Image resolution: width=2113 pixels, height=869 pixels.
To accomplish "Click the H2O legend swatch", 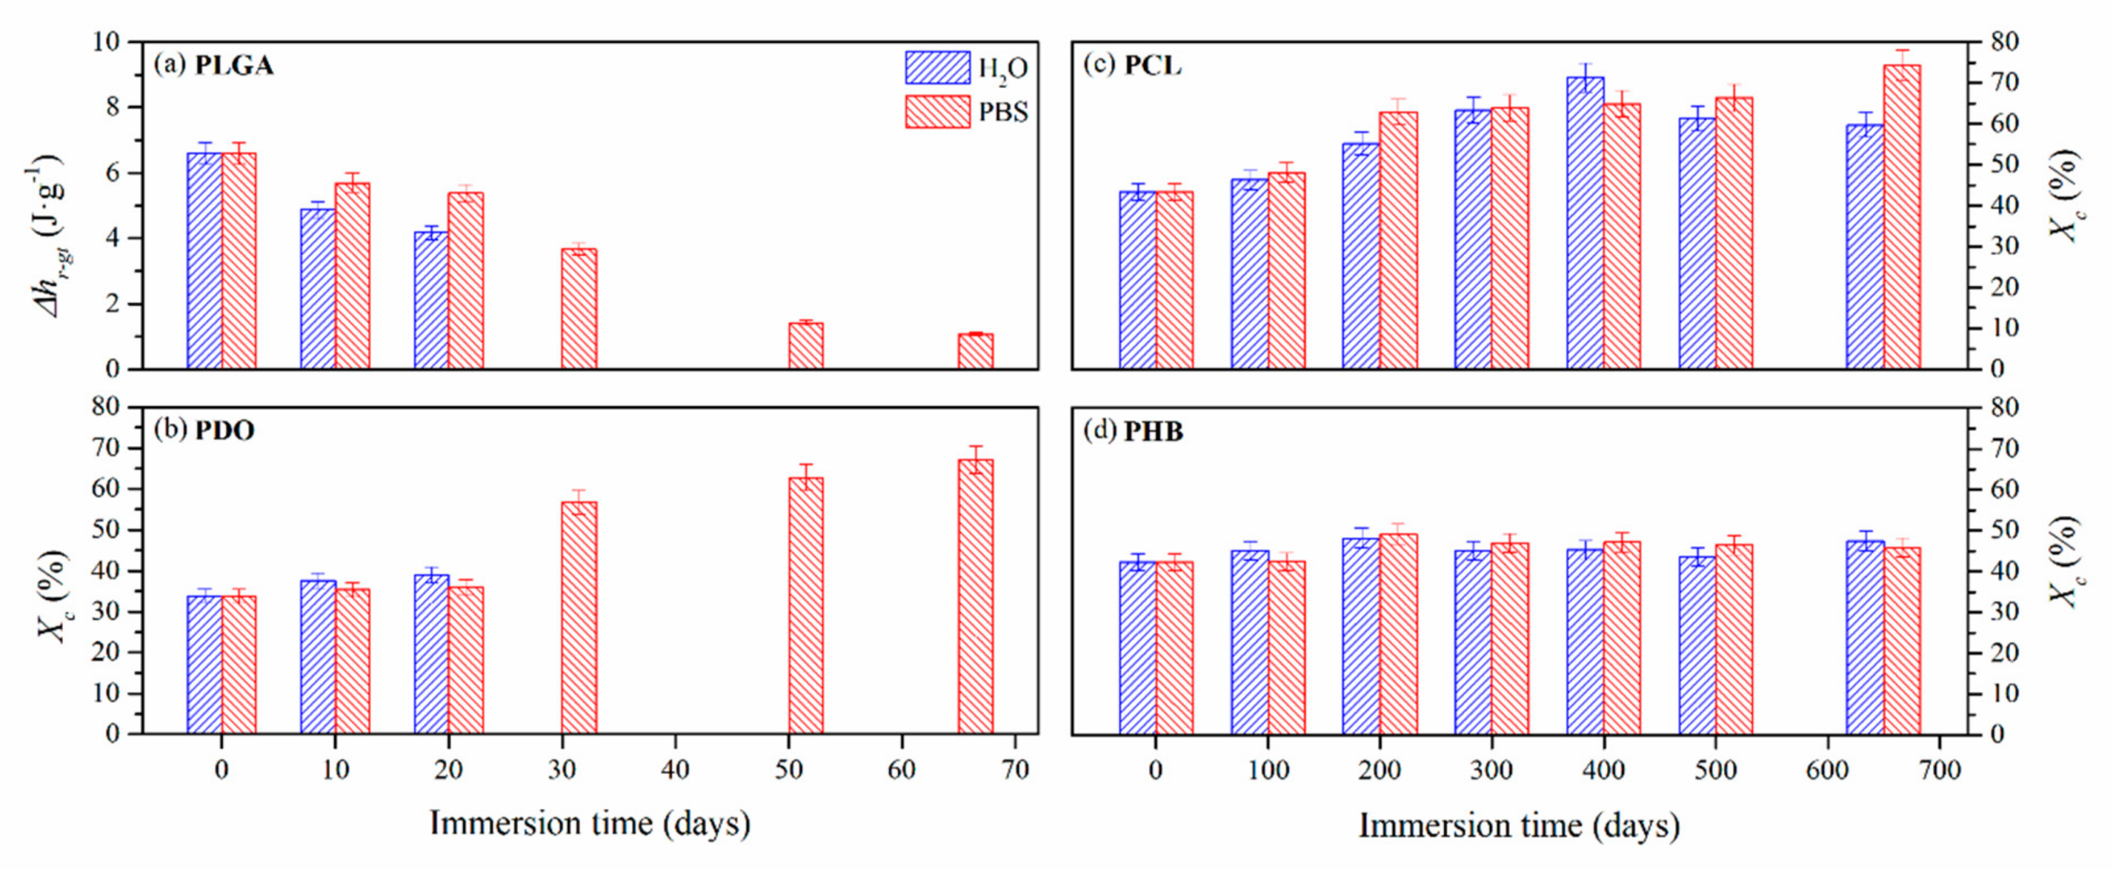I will point(937,68).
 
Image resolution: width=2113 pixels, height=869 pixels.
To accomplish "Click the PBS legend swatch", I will point(937,111).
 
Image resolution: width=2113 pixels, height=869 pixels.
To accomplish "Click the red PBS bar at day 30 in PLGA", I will point(579,309).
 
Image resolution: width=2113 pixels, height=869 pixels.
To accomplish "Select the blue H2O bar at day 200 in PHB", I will point(1360,636).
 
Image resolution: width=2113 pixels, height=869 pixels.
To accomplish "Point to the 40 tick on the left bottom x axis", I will point(675,770).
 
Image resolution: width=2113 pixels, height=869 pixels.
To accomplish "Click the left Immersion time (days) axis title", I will point(589,823).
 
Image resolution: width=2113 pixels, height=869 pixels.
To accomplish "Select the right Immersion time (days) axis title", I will point(1518,825).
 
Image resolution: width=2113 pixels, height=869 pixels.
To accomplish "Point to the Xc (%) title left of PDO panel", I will point(51,595).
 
